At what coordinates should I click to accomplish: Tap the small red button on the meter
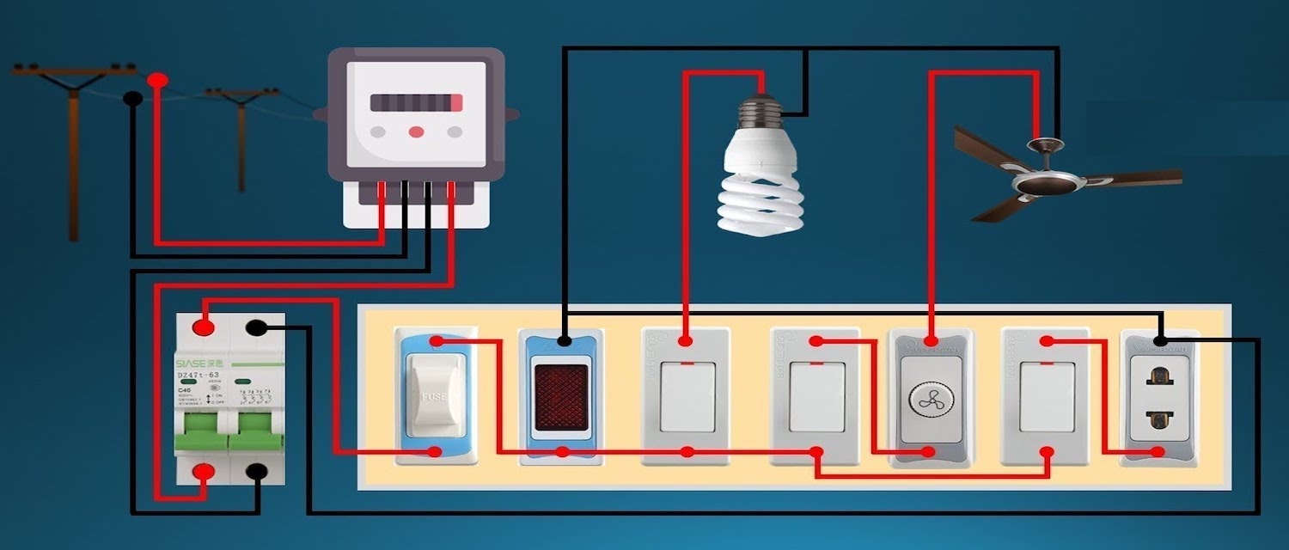(417, 132)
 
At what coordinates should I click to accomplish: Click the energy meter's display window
(417, 103)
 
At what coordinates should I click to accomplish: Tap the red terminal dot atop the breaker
(204, 327)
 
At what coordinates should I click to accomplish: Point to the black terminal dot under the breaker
(256, 471)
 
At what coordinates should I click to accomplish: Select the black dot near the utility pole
(132, 99)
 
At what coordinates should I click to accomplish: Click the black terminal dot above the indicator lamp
(563, 341)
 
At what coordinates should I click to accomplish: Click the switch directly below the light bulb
(686, 396)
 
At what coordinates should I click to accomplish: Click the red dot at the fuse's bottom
(436, 451)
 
